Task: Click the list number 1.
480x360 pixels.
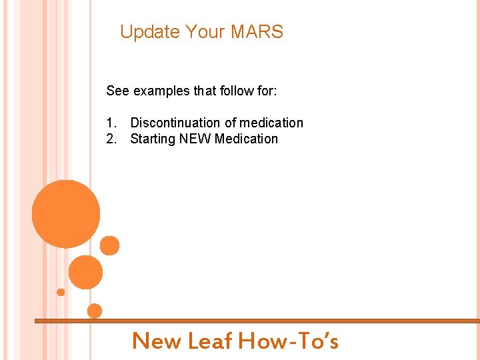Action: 111,123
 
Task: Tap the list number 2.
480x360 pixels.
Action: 111,139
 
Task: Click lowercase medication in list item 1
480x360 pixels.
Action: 271,123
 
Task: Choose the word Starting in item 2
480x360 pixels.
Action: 153,139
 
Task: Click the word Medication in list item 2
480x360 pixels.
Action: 246,139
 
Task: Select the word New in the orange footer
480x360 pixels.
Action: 157,341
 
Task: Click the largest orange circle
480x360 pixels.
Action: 66,214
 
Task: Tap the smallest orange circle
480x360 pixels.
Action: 61,292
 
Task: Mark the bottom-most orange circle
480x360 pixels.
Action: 95,311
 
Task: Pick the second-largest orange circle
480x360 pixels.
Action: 85,272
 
